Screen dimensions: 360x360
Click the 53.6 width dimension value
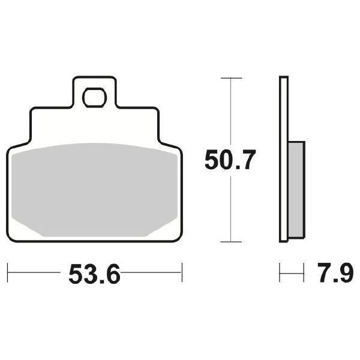95,275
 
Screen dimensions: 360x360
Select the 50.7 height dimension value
230,161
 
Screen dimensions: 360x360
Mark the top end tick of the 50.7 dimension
231,78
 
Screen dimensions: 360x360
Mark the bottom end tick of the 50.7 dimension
231,242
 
